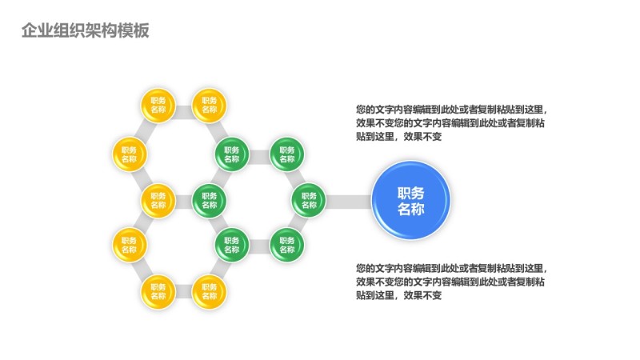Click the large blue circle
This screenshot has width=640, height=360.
coord(411,199)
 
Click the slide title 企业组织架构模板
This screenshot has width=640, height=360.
coord(85,30)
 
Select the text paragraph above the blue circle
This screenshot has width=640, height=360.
coord(452,123)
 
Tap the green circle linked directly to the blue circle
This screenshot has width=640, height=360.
coord(307,199)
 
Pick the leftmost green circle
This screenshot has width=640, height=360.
coord(209,199)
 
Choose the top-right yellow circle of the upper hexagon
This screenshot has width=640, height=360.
coord(209,104)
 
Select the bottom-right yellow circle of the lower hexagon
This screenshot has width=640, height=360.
coord(209,293)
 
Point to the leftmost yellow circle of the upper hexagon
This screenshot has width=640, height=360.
coord(130,154)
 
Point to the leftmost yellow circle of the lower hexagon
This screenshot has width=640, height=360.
coord(130,244)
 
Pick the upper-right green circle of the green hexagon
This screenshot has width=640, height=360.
coord(284,154)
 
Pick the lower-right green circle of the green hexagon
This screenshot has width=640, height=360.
coord(284,244)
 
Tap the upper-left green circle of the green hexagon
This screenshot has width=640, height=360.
coord(232,154)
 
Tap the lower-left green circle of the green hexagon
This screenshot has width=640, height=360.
coord(232,244)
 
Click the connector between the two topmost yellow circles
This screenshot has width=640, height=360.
coord(183,104)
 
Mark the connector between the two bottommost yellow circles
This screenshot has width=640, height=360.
coord(183,293)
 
